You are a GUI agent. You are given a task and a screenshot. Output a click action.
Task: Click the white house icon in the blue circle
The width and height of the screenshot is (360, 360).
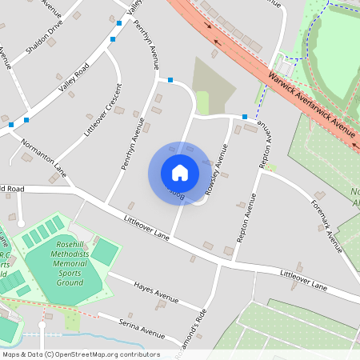[x=180, y=173]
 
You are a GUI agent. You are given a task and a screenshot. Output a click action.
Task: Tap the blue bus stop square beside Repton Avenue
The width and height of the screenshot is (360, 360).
[x=245, y=117]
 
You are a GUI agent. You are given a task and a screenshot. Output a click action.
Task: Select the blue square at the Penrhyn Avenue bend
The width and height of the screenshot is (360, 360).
[x=170, y=79]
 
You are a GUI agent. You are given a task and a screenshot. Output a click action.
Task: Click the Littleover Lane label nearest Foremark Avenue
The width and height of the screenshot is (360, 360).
[x=304, y=279]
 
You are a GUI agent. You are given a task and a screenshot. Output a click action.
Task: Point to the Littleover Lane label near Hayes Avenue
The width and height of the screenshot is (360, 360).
[x=147, y=228]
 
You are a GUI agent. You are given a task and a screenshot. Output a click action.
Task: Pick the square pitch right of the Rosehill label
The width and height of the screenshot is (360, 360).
[x=105, y=253]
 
